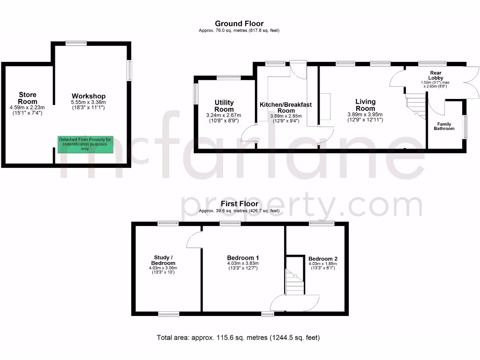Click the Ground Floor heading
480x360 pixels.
click(x=239, y=23)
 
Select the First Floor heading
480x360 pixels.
click(x=239, y=204)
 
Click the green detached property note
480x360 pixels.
click(x=85, y=144)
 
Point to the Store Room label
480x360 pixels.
click(x=27, y=98)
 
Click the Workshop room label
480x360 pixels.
click(x=89, y=96)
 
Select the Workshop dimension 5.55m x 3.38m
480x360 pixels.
click(x=89, y=102)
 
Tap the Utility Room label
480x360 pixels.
click(x=224, y=106)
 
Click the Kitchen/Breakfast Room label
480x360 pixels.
click(x=285, y=108)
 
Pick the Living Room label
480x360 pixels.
click(x=365, y=105)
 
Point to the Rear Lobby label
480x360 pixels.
click(x=435, y=75)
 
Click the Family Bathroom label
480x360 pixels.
click(x=443, y=126)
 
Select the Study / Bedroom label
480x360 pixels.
click(x=163, y=260)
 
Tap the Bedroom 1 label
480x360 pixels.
click(x=243, y=258)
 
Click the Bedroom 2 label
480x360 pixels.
click(x=323, y=259)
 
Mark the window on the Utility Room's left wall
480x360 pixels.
click(x=196, y=93)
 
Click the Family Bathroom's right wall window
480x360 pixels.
click(x=465, y=127)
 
